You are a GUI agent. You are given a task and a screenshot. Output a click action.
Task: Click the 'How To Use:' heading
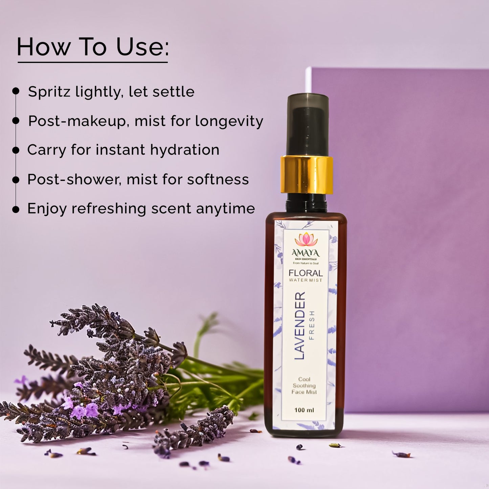[x=93, y=47]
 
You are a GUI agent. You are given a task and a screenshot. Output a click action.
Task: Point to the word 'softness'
[x=218, y=179]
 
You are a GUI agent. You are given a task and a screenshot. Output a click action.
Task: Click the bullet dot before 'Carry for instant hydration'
[x=16, y=150]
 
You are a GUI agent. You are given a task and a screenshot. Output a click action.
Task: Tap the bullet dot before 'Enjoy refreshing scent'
[x=16, y=209]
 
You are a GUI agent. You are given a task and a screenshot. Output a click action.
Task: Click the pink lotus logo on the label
[x=306, y=240]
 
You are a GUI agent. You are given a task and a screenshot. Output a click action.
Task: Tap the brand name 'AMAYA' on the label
[x=306, y=253]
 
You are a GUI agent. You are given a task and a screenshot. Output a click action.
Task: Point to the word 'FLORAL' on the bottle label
[x=306, y=273]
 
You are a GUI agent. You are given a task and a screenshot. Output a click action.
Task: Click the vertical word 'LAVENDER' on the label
[x=300, y=326]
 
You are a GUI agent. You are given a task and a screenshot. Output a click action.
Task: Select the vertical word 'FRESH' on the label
[x=312, y=325]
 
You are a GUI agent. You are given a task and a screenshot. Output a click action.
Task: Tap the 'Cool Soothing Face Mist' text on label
[x=304, y=385]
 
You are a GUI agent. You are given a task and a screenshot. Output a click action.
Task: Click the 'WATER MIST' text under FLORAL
[x=306, y=280]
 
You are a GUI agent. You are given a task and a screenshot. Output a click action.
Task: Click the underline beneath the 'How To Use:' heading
[x=93, y=62]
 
